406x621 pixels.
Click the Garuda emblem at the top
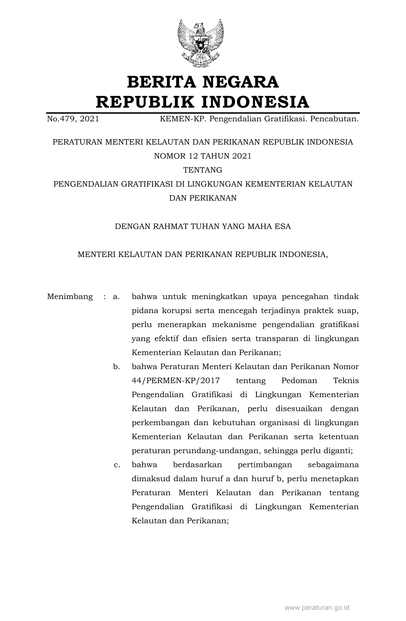point(201,43)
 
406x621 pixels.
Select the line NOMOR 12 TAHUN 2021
point(203,156)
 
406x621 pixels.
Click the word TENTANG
point(203,170)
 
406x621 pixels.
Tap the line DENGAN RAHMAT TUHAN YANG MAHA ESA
point(203,226)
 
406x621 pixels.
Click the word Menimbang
point(70,297)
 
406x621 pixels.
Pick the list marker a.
point(116,297)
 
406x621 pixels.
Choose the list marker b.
point(116,367)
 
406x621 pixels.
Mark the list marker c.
point(117,465)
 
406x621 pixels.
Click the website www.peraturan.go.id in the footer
point(317,608)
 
